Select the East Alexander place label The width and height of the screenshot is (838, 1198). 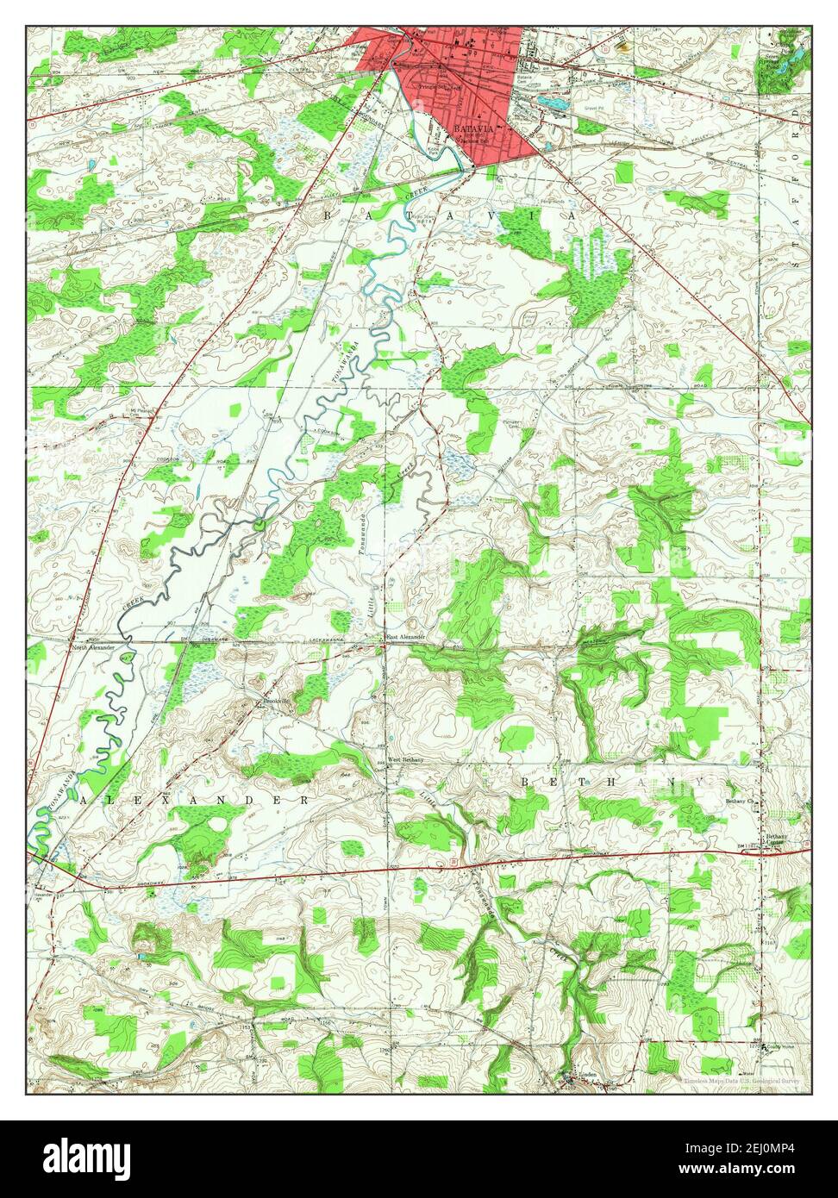(405, 637)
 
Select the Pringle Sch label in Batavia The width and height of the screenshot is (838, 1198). (432, 87)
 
